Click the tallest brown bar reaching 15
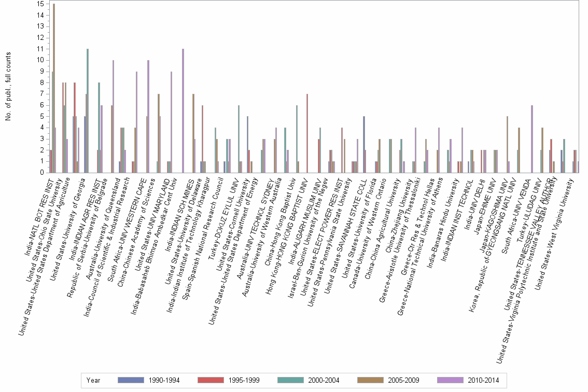[54, 88]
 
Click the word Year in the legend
[94, 380]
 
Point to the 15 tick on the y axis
[40, 4]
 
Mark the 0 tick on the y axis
[41, 173]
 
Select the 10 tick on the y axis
[40, 60]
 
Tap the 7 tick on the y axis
[41, 94]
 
